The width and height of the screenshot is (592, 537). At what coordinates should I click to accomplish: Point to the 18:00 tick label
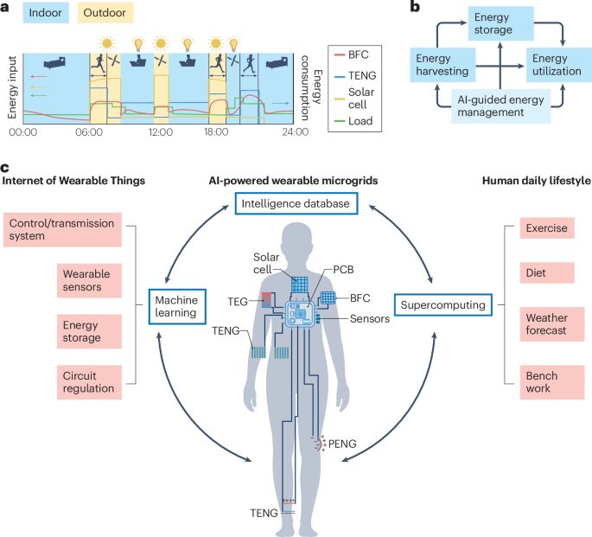pos(216,133)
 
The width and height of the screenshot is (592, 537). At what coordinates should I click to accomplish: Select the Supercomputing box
pos(440,304)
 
